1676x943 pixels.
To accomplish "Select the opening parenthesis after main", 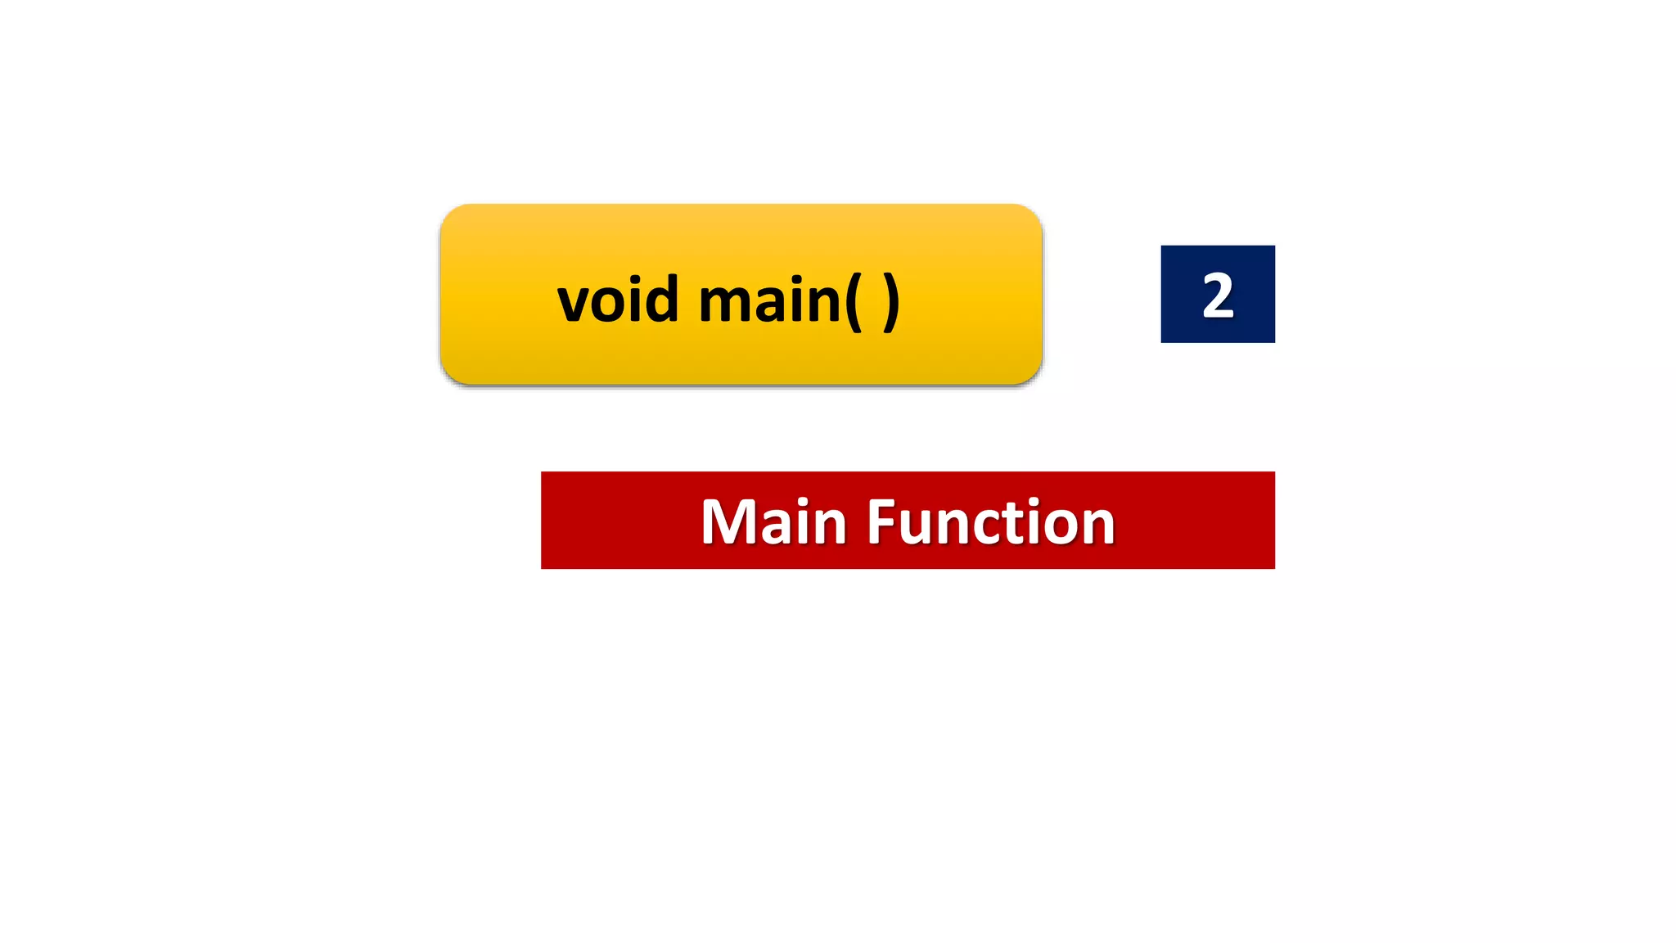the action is pyautogui.click(x=853, y=301).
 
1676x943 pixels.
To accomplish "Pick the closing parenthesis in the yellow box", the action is pyautogui.click(x=891, y=301).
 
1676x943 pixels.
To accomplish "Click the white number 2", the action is pyautogui.click(x=1218, y=296).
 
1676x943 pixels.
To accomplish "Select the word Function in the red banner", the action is pyautogui.click(x=990, y=521).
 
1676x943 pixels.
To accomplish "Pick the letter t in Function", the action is pyautogui.click(x=1028, y=523).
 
